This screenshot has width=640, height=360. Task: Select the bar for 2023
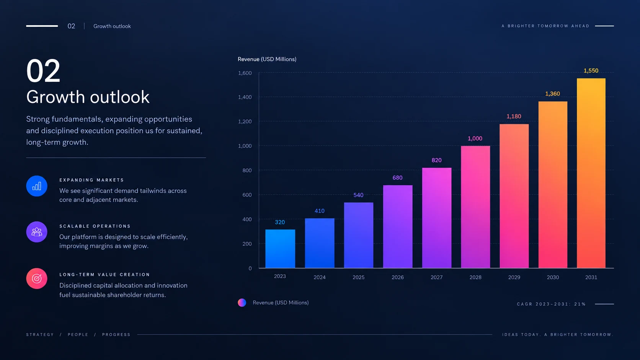(x=280, y=249)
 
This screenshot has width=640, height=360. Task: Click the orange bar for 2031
(x=591, y=173)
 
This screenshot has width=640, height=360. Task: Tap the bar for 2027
(x=437, y=218)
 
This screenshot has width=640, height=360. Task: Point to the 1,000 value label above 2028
(x=475, y=138)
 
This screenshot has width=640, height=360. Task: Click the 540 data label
(x=358, y=195)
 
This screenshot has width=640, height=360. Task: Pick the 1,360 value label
(x=553, y=94)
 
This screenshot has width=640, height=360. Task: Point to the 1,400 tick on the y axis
(x=245, y=97)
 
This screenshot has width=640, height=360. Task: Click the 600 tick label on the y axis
(x=247, y=195)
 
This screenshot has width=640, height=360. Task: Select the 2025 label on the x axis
(x=358, y=277)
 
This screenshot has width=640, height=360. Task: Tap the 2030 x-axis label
(x=553, y=277)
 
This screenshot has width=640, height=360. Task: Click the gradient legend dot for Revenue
(x=242, y=303)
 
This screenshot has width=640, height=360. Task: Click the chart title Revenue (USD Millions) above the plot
(x=267, y=59)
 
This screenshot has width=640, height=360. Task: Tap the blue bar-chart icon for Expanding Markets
(x=37, y=186)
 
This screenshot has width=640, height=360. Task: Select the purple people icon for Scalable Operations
(x=37, y=232)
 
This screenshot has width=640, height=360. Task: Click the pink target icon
(x=37, y=279)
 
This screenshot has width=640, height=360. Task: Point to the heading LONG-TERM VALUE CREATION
(x=104, y=275)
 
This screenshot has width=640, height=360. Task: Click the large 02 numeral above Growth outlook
(x=43, y=70)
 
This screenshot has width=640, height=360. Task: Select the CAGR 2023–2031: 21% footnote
(x=551, y=304)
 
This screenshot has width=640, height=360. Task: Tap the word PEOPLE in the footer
(x=78, y=335)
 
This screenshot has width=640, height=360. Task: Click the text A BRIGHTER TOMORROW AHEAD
(x=545, y=26)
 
